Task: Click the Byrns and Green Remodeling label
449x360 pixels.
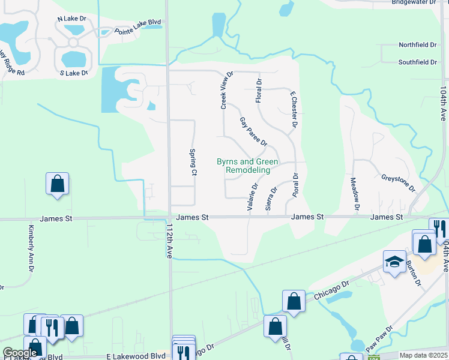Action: (247, 166)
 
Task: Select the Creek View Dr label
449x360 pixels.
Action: (226, 90)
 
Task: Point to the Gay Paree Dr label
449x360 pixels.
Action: (253, 131)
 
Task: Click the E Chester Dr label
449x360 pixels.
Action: (294, 110)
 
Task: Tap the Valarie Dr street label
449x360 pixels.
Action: (252, 197)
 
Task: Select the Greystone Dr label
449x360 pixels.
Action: (398, 182)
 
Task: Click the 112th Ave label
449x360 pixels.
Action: (170, 240)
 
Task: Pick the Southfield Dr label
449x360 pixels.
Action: (418, 62)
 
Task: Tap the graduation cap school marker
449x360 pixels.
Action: (394, 262)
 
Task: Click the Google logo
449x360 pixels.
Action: (20, 353)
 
